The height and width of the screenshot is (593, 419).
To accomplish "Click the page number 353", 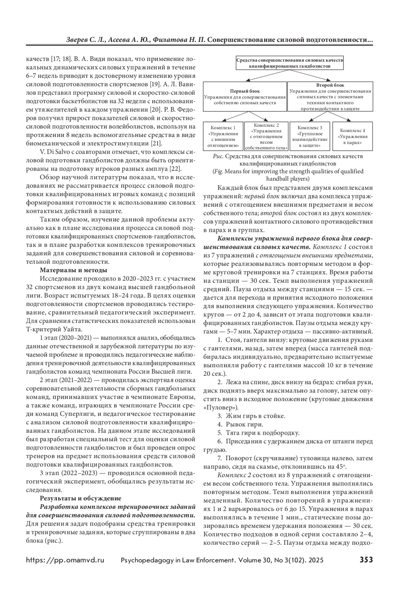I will tap(366, 560).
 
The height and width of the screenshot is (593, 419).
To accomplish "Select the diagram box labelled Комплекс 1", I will tap(223, 136).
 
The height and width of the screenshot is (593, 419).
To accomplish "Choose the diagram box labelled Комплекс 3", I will tap(310, 136).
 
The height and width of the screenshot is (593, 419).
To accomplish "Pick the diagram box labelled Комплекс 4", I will tap(353, 136).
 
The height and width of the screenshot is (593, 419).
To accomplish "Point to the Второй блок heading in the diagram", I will tap(330, 85).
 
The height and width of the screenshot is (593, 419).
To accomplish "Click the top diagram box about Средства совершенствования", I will tap(290, 63).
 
